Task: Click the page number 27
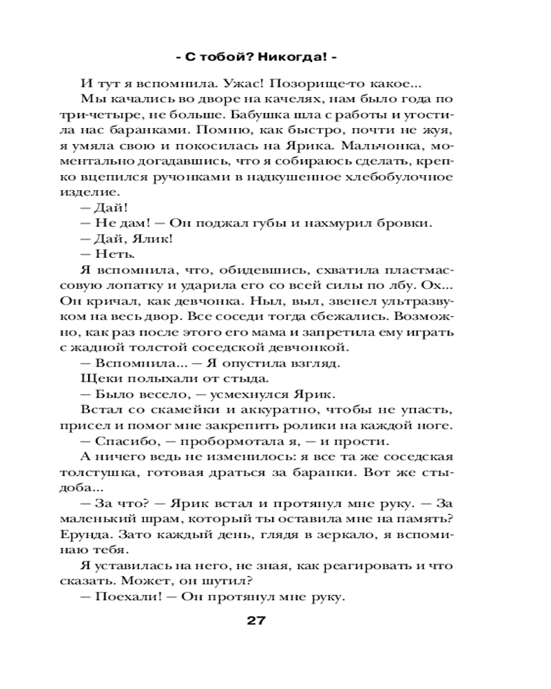[256, 619]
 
